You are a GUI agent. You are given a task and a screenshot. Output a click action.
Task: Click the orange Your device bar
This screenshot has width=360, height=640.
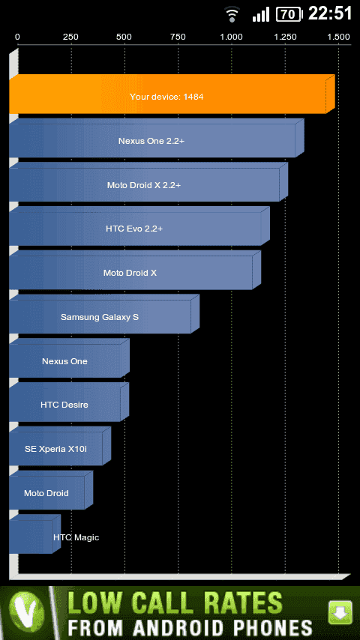[172, 94]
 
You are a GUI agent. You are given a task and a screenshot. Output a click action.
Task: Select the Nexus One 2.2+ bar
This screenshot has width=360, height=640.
[157, 138]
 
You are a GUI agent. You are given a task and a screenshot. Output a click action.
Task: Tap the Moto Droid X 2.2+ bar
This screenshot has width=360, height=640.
[148, 182]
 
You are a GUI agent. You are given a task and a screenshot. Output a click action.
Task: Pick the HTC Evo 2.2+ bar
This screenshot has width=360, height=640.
[139, 226]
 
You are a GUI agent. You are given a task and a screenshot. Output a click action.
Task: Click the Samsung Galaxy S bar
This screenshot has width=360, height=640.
[104, 314]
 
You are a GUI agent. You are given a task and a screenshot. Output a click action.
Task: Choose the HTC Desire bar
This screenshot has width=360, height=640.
[69, 402]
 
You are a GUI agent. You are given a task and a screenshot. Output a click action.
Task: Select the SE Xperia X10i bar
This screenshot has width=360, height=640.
[60, 446]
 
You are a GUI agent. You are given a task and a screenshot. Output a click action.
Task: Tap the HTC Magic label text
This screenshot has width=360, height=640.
[76, 537]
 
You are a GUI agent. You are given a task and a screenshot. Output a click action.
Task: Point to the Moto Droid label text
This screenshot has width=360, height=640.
[46, 493]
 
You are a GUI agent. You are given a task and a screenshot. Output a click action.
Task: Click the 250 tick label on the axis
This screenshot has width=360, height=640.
[70, 37]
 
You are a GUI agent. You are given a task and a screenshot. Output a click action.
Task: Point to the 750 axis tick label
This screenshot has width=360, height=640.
[178, 37]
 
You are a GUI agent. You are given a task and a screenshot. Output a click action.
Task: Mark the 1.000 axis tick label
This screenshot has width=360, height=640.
[232, 37]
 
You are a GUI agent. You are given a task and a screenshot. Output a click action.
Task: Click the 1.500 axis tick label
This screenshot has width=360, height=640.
[339, 37]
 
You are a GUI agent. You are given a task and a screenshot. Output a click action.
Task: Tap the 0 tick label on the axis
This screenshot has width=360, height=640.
[17, 37]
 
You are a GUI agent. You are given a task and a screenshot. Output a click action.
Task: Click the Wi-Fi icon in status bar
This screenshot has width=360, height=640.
[232, 15]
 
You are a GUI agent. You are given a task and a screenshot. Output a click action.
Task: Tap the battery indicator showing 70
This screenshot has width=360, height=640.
[289, 14]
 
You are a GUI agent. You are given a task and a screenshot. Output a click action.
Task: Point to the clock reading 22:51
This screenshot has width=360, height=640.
[330, 14]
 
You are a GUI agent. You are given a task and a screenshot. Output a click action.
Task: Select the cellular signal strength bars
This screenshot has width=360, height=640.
[261, 14]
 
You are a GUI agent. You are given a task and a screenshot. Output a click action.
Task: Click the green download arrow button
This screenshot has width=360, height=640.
[340, 612]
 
